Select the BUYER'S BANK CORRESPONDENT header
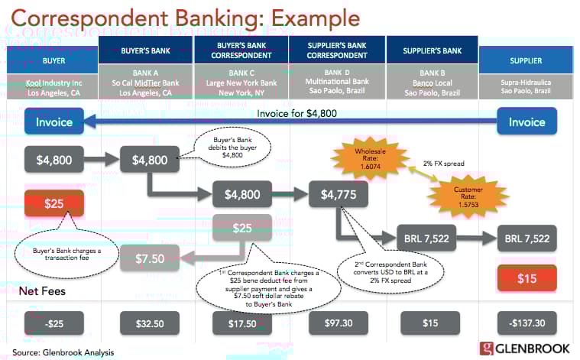pos(241,54)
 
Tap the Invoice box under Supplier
pos(527,122)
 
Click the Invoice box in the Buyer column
pos(53,122)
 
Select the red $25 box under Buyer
pos(53,204)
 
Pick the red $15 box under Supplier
pos(527,279)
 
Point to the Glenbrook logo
pos(526,349)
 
